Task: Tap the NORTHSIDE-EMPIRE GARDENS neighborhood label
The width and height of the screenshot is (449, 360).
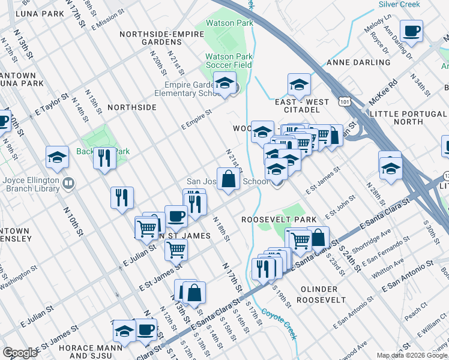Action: click(x=158, y=38)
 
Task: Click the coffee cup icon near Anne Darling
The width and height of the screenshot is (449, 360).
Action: click(x=412, y=31)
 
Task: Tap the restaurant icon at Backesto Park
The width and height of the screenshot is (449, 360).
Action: click(x=106, y=158)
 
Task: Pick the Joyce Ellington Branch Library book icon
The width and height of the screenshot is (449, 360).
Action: click(x=68, y=183)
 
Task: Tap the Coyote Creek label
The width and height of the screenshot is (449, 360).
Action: click(x=279, y=321)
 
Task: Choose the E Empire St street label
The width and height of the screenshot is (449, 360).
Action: click(x=197, y=119)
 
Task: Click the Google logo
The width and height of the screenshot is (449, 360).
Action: click(x=20, y=353)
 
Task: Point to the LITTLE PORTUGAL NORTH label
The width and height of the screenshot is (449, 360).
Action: click(x=408, y=118)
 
